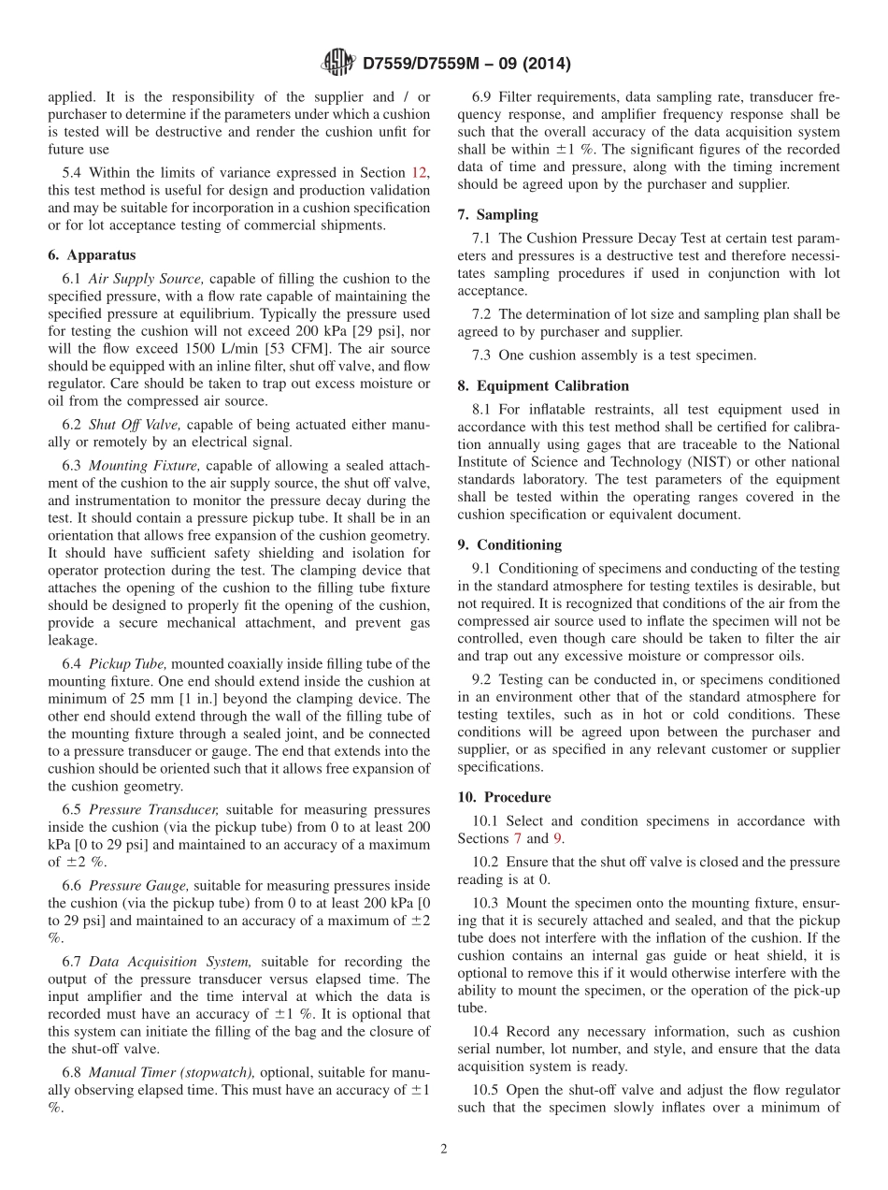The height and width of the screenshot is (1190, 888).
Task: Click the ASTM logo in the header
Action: coord(337,63)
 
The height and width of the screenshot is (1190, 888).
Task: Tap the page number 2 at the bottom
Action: coord(444,1149)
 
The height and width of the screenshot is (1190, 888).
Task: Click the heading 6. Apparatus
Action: coord(92,255)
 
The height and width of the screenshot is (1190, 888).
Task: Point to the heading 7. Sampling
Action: coord(498,214)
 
